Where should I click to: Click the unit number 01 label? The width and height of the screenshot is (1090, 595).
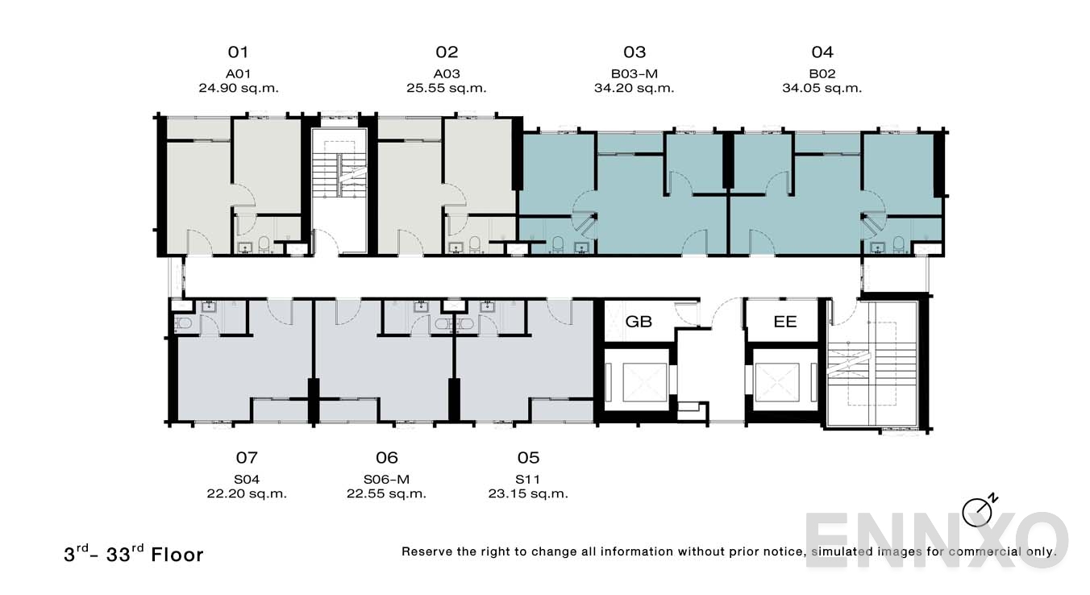(x=238, y=52)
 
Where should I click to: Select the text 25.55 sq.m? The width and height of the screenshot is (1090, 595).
(x=447, y=89)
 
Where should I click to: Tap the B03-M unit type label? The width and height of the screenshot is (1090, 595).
(x=634, y=73)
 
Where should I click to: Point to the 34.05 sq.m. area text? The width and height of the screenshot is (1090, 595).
(x=822, y=89)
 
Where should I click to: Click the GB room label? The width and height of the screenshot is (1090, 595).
(x=639, y=322)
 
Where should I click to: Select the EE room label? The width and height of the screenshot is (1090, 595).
(x=784, y=322)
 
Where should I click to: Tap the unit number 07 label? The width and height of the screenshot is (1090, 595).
(x=247, y=458)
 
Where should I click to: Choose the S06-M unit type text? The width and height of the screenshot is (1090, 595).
(x=387, y=479)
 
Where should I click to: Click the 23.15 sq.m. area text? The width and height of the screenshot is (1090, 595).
(x=528, y=493)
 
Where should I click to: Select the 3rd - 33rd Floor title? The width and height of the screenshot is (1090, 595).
(x=134, y=554)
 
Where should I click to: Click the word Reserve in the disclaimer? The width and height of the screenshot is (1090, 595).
(x=428, y=552)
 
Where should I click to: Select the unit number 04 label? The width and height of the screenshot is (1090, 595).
(x=822, y=52)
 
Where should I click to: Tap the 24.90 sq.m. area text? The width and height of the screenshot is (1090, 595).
(x=239, y=89)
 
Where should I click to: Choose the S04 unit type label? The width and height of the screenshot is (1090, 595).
(x=247, y=479)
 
